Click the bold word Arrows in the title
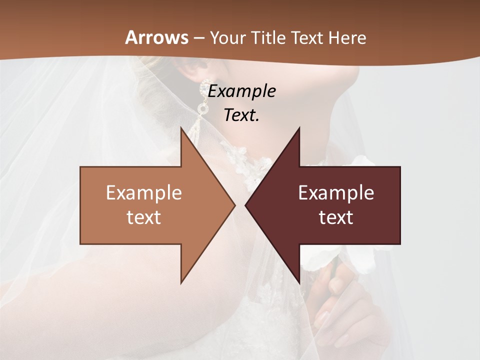(x=156, y=37)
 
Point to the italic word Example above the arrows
(x=242, y=91)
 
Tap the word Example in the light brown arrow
(x=144, y=193)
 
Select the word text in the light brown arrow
(x=144, y=217)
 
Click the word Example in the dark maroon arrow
(x=336, y=193)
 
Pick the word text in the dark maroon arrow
(x=336, y=217)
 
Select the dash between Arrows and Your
(x=198, y=38)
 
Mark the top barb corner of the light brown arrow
(x=181, y=128)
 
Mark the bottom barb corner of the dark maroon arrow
(x=299, y=282)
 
